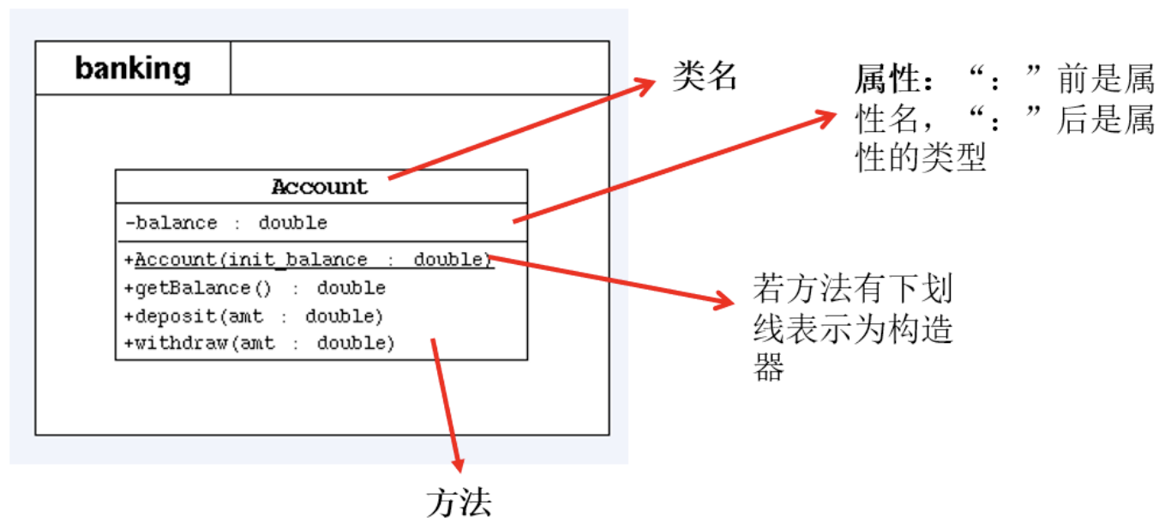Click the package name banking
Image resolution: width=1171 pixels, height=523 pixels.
133,68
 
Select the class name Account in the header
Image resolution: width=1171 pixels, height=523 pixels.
319,187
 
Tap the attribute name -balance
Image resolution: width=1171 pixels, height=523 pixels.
171,223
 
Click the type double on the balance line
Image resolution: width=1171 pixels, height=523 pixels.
292,223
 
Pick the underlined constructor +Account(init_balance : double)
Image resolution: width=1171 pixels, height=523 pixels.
309,260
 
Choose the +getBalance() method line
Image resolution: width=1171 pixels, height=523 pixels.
255,288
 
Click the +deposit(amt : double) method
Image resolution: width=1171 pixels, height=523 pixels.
253,316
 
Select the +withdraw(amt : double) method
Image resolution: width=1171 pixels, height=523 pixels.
259,344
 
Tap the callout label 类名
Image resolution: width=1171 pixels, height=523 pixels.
705,77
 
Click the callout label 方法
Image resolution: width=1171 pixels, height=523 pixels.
459,502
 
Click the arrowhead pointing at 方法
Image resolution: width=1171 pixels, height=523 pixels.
458,463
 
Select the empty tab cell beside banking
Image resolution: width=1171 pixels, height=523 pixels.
419,68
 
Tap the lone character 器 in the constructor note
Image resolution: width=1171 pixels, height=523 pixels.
769,368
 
